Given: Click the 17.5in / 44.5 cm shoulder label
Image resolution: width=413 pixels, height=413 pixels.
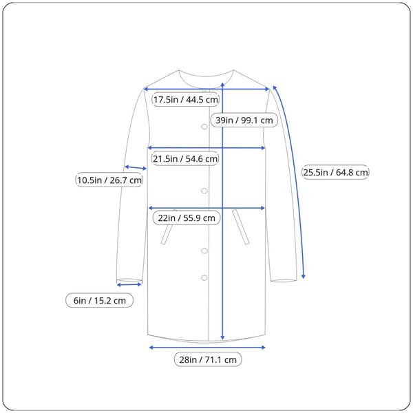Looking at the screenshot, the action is click(186, 100).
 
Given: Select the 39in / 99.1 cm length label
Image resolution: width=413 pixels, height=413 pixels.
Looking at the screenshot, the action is click(244, 120).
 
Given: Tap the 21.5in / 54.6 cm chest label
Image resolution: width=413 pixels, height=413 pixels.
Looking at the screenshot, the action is click(185, 158).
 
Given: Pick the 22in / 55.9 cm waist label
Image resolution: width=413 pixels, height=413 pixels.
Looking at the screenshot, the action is click(187, 218).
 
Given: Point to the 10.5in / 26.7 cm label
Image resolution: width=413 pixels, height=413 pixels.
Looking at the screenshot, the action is click(109, 180).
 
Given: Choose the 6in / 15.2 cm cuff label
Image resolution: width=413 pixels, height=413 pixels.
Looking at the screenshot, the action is click(99, 300).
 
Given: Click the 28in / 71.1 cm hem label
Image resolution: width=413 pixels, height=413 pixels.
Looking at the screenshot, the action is click(208, 359).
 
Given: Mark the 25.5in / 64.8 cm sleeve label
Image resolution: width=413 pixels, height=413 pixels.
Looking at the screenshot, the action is click(335, 172).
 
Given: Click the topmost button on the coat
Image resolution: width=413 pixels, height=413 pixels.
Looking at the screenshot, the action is click(204, 127).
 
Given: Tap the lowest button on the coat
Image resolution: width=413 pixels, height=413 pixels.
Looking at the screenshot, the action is click(204, 277).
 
